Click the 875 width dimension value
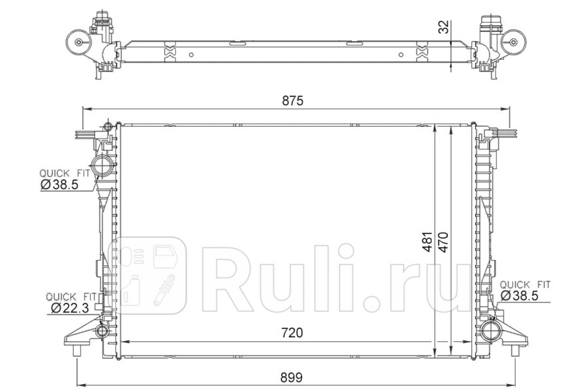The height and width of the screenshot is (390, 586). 293,101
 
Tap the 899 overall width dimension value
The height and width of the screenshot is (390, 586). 292,377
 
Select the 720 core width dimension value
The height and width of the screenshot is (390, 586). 292,333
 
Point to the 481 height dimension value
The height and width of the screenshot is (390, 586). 427,242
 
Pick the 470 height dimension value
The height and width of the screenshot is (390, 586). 443,242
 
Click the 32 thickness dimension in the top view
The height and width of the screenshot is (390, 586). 443,27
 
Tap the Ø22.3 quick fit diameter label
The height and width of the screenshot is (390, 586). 70,308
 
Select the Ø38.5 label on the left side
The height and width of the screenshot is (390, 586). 60,185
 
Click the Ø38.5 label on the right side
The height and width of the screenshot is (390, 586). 520,296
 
